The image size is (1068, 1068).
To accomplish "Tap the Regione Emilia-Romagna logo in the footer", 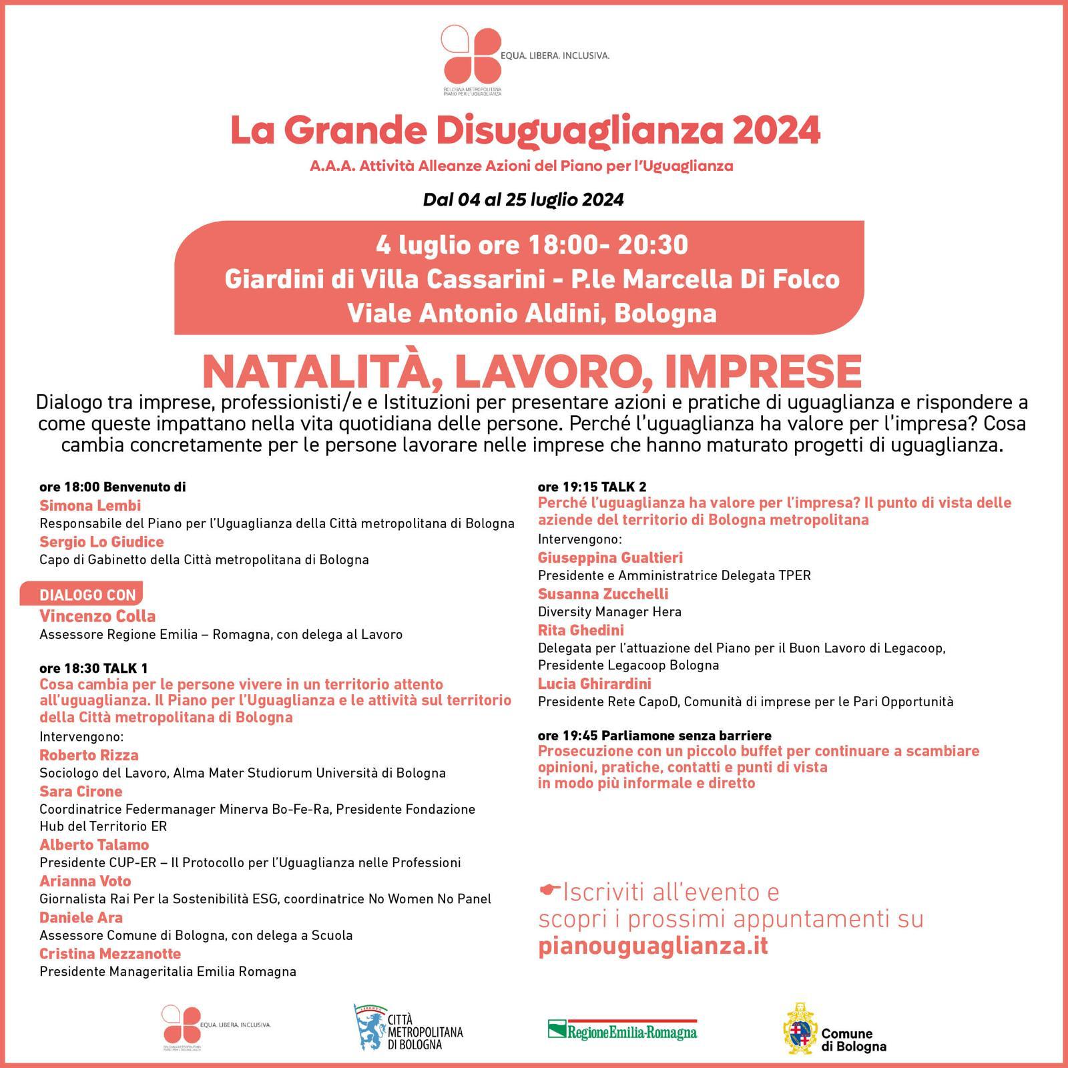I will tap(622, 1029).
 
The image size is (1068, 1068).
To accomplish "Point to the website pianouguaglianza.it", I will tap(653, 946).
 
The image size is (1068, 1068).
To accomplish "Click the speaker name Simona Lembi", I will tap(90, 505).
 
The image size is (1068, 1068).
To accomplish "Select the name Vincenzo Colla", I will tap(97, 616).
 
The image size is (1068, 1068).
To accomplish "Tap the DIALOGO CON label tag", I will tap(87, 595).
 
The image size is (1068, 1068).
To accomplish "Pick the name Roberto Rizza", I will tap(89, 755).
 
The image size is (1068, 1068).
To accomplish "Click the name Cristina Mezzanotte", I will tap(110, 953).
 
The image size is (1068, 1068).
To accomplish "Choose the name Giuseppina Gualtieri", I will tap(610, 557).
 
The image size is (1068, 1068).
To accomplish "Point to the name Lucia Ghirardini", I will tap(594, 684).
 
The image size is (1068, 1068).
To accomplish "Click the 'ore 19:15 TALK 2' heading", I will tap(592, 487).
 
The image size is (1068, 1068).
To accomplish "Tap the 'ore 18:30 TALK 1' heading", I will tap(94, 668).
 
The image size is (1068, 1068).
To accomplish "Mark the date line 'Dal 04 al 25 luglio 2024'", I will tap(523, 200).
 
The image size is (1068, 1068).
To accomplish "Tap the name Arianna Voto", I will tap(85, 881).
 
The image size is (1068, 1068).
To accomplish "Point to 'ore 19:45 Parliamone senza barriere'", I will tap(654, 736).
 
